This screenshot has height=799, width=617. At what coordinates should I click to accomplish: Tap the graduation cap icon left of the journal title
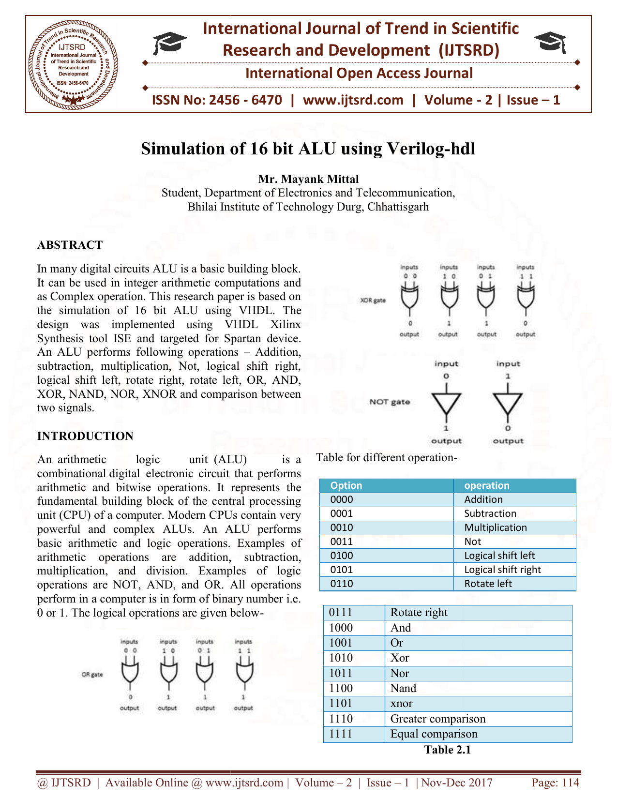pos(169,43)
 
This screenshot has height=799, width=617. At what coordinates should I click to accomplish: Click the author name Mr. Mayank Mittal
pos(308,179)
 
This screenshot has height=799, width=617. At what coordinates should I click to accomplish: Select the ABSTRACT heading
pos(70,245)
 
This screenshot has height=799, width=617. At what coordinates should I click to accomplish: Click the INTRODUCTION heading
pos(85,436)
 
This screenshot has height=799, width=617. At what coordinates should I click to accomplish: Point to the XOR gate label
pos(373,301)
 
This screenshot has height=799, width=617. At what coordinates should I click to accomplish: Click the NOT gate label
pos(390,402)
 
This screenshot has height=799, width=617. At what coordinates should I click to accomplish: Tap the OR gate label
pos(92,674)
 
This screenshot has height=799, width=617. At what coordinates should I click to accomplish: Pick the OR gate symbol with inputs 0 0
pos(130,670)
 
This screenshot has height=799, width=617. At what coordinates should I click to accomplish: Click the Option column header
pos(346,485)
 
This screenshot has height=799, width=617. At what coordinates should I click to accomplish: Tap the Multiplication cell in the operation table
pos(496,528)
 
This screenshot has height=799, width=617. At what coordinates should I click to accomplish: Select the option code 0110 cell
pos(342,584)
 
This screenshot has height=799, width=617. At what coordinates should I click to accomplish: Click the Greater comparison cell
pos(437,719)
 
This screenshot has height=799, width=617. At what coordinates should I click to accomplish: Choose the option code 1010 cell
pos(341,658)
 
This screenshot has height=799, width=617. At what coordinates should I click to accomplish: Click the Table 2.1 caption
pos(448,750)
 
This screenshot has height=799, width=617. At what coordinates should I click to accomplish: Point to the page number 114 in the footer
pos(555,783)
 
